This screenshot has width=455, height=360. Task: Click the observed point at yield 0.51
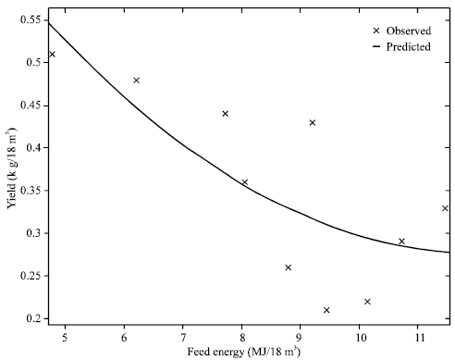[52, 54]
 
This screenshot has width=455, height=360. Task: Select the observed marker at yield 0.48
[136, 81]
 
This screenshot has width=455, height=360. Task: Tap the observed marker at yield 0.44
[225, 114]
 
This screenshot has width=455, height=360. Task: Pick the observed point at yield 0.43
[313, 122]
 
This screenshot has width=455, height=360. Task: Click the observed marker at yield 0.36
[245, 182]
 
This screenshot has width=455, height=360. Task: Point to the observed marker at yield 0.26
[289, 267]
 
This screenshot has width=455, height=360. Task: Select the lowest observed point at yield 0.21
[326, 310]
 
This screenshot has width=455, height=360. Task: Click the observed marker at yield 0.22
[367, 302]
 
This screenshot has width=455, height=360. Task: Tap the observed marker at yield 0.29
[401, 242]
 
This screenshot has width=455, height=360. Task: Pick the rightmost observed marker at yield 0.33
[445, 208]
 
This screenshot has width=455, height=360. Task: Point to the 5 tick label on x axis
[65, 334]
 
